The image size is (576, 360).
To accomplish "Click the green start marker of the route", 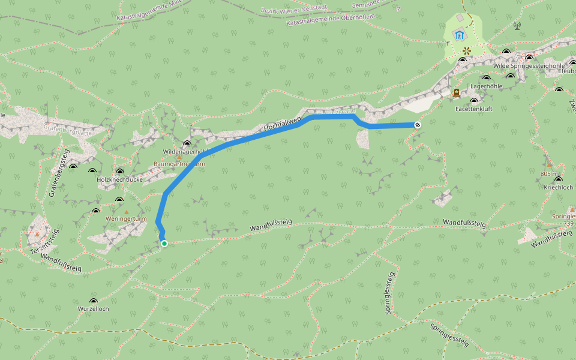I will click(x=164, y=243).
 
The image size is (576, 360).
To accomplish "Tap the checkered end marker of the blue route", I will click(x=417, y=125).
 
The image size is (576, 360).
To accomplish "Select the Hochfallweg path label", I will click(x=281, y=122).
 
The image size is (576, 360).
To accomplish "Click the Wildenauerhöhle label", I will click(x=185, y=152).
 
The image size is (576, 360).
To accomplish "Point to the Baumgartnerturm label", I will click(x=179, y=164).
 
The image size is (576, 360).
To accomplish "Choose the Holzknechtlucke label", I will click(x=120, y=179).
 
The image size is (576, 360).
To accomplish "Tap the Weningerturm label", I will click(x=125, y=220).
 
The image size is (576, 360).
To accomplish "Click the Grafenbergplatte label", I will click(x=67, y=127).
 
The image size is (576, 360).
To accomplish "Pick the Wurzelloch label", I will click(x=93, y=308).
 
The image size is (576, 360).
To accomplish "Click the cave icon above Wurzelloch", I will click(x=93, y=301).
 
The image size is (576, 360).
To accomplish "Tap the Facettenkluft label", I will click(x=473, y=109).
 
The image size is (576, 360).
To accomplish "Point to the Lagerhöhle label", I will click(x=486, y=86).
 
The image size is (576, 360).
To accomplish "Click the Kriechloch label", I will click(x=558, y=187).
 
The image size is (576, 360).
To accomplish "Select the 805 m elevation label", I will click(x=549, y=173).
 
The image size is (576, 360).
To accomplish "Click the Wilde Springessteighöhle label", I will click(x=529, y=66).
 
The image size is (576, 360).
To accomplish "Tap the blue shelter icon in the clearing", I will click(x=460, y=35).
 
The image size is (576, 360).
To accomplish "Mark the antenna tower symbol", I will click(x=517, y=26).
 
